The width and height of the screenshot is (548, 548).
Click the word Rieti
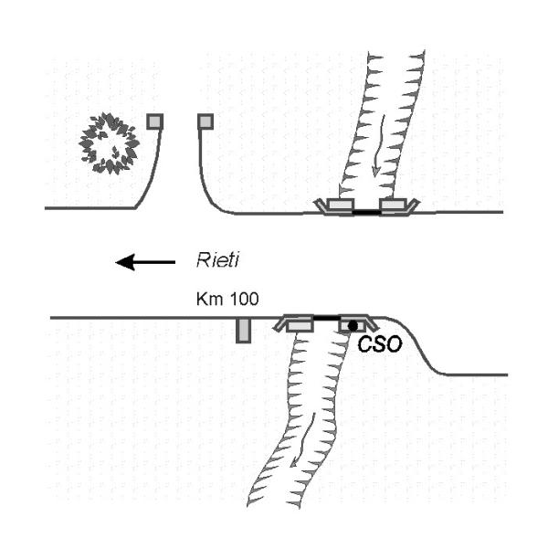[x=219, y=262]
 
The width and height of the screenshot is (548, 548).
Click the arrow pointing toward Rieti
[x=146, y=263]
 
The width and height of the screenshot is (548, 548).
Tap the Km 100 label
[x=224, y=300]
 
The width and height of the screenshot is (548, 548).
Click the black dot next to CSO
[x=352, y=326]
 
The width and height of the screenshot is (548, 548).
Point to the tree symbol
[x=110, y=142]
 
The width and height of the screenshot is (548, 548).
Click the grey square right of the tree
[x=155, y=121]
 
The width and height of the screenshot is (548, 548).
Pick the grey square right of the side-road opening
[x=205, y=121]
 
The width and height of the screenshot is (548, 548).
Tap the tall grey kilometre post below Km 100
[x=243, y=330]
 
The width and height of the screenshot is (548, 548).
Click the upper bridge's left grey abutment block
[x=339, y=207]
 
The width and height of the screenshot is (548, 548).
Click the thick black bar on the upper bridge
[x=366, y=212]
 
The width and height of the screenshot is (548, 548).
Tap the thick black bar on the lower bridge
[x=326, y=319]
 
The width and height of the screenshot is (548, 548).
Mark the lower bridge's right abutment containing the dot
[x=353, y=324]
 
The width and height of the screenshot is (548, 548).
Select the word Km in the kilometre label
[x=207, y=300]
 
